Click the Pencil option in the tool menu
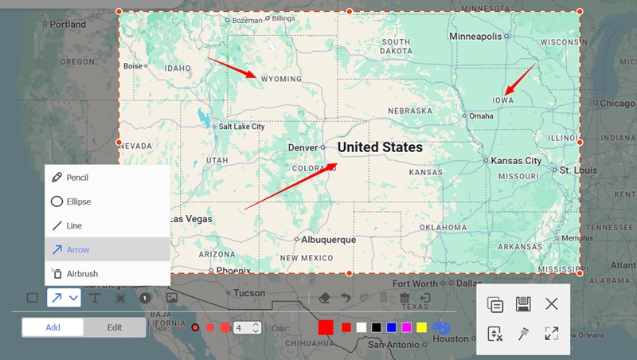[76, 178]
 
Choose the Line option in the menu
[73, 225]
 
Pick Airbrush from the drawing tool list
[82, 273]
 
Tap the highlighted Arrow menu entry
[78, 249]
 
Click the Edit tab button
[115, 327]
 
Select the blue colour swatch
[391, 327]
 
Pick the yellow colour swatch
[421, 327]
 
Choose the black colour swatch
[376, 327]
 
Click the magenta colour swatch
[406, 327]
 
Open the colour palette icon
[441, 327]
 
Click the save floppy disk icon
[523, 303]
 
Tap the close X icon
[551, 303]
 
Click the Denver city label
[303, 147]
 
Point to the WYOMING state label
[281, 79]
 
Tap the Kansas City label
[515, 160]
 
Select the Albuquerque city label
[328, 239]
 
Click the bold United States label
[380, 147]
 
